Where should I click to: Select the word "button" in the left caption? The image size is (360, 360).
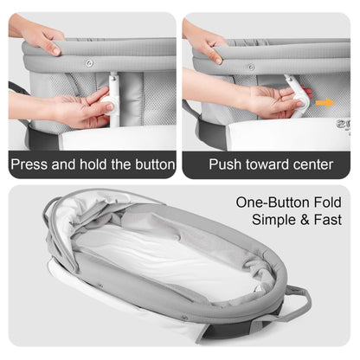(149, 164)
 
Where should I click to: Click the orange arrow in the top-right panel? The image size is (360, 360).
(325, 102)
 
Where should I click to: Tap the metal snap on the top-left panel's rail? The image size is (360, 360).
(89, 63)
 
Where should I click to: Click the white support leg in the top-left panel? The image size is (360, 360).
(112, 104)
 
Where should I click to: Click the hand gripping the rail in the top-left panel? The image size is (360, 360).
(39, 35)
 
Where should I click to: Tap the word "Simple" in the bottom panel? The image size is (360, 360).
(273, 221)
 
